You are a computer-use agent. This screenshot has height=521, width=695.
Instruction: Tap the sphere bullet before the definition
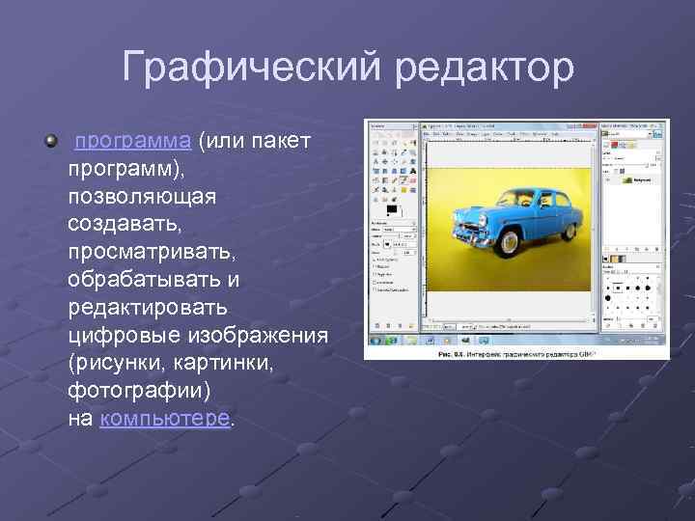(51, 142)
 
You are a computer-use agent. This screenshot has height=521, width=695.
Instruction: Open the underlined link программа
(132, 141)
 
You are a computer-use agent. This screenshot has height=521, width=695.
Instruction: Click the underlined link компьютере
(165, 419)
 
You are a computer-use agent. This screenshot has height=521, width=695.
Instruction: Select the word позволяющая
(142, 196)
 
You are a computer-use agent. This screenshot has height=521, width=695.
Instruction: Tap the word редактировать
(148, 308)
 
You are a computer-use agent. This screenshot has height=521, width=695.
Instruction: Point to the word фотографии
(138, 391)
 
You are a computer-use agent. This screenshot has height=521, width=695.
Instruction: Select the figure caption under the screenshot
(517, 354)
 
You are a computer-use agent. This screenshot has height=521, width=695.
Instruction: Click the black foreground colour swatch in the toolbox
(391, 209)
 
